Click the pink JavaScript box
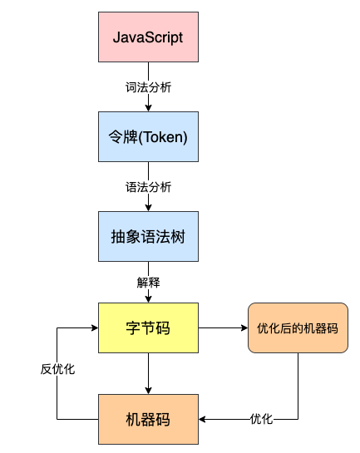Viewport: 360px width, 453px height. [x=148, y=37]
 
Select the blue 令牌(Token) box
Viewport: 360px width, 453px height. [x=148, y=136]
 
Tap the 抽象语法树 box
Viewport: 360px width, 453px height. [x=148, y=236]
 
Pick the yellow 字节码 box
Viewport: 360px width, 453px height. [x=148, y=327]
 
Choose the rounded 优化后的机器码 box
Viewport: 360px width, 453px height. [x=298, y=327]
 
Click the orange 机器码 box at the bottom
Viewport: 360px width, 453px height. [x=148, y=419]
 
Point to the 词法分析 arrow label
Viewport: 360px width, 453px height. [x=148, y=87]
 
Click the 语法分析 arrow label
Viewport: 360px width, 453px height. [x=148, y=187]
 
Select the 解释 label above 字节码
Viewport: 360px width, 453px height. [x=148, y=283]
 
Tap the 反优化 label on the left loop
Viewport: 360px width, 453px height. [x=57, y=369]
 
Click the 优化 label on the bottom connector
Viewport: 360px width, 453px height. [x=261, y=419]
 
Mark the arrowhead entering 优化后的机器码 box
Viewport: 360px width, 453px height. [x=244, y=327]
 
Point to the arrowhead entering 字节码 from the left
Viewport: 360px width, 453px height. [x=95, y=327]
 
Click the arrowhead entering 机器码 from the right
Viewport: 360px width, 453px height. [x=202, y=419]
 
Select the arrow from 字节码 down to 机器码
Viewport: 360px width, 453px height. [x=148, y=373]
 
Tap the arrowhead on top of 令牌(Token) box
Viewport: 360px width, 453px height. [x=148, y=108]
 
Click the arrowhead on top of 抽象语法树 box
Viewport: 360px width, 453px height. [x=148, y=208]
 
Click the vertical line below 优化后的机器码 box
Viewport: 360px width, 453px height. [x=298, y=386]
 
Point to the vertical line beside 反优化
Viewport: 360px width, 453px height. [x=57, y=373]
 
